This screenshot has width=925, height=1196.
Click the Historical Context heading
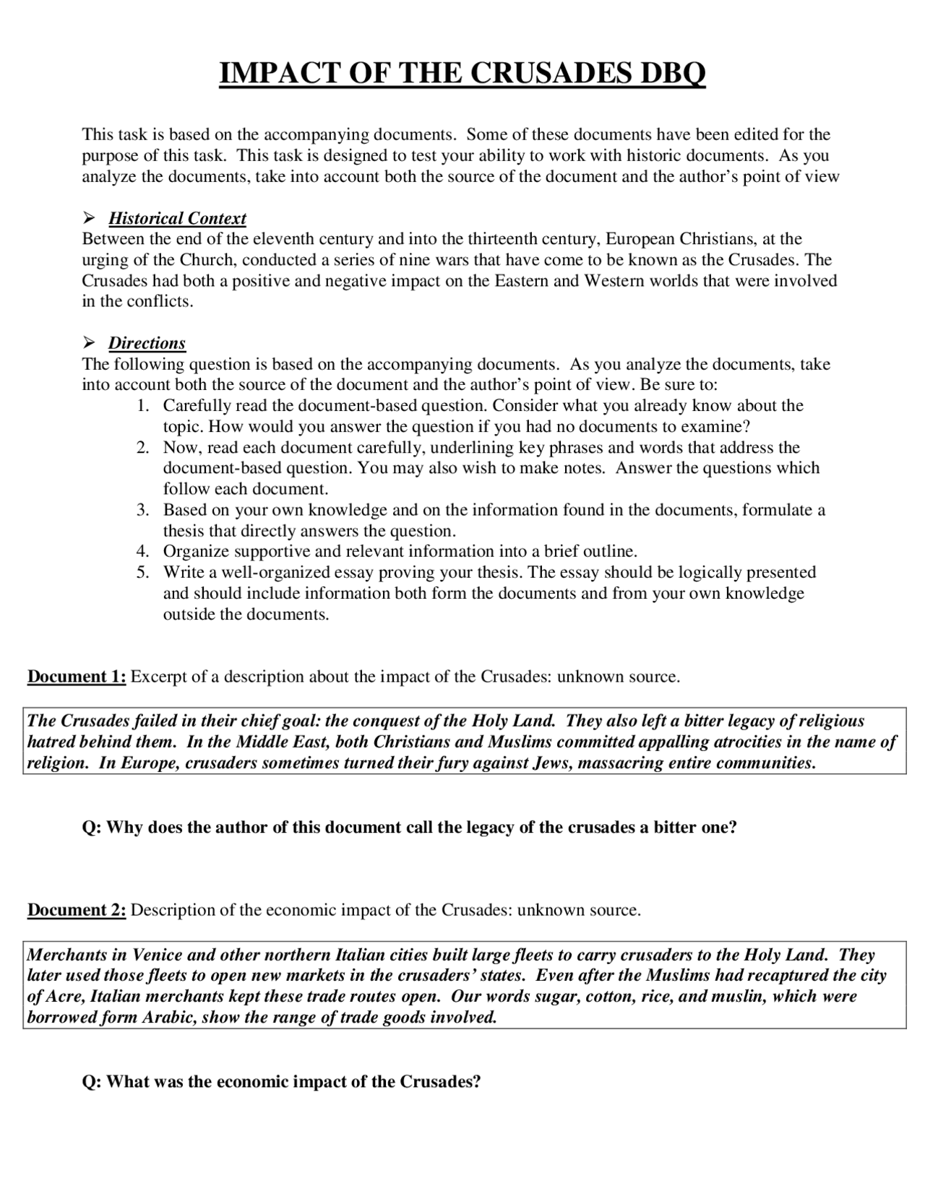177,218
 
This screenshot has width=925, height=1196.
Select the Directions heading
147,343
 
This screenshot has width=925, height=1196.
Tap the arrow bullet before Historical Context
90,218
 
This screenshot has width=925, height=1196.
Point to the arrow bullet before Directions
90,343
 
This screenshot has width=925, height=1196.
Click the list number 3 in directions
142,510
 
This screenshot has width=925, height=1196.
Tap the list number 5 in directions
142,573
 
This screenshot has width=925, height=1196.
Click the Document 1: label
77,677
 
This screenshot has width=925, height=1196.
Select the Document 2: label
77,910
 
